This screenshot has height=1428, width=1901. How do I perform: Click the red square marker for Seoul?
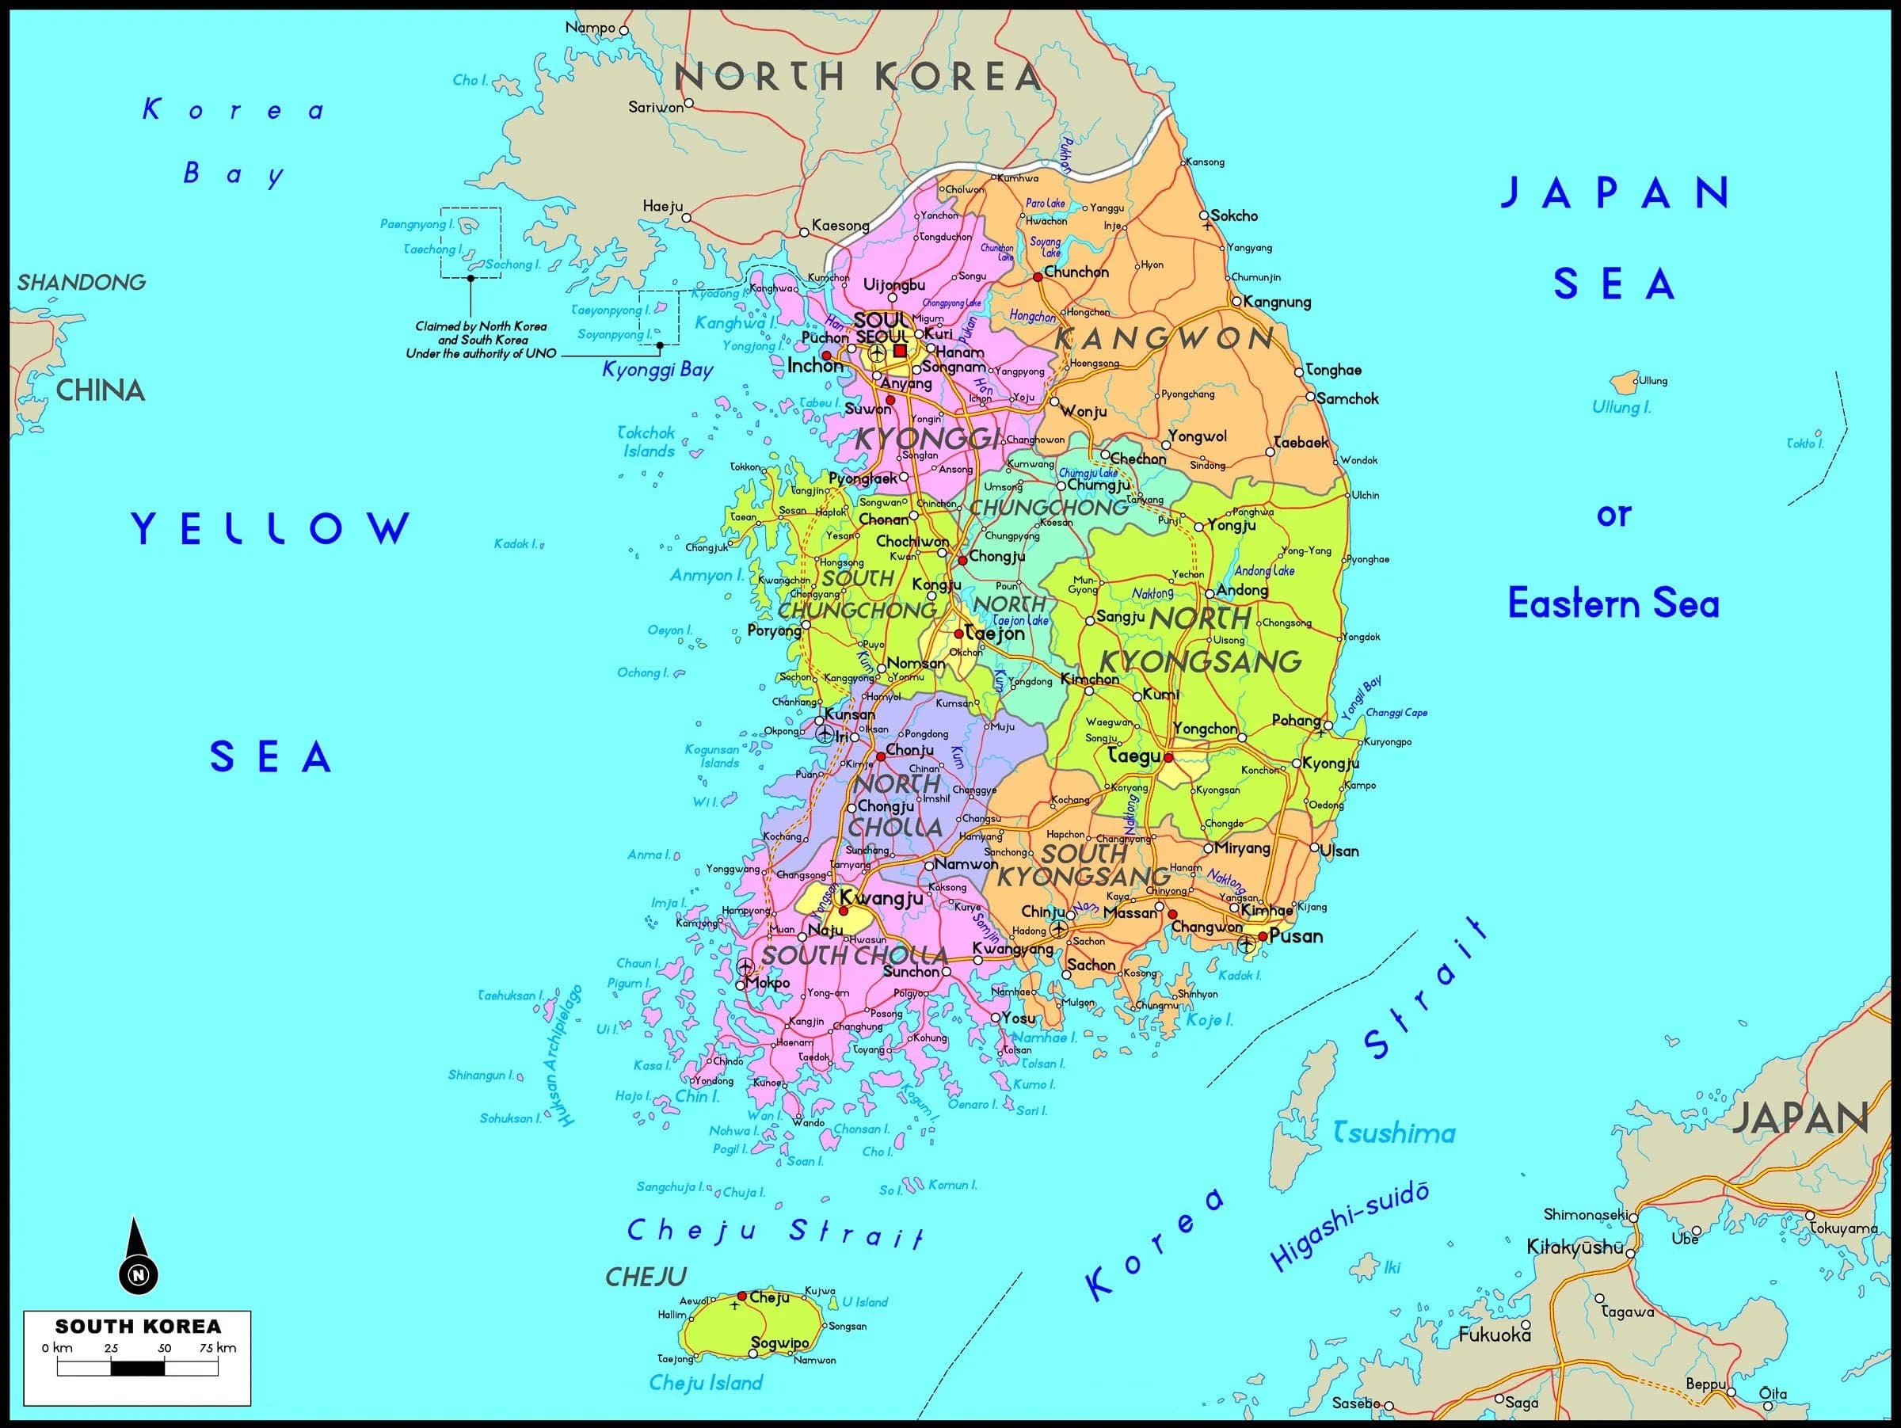coord(900,351)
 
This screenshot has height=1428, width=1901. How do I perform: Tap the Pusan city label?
coord(1296,936)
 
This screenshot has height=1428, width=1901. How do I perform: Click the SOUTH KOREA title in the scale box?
coord(138,1327)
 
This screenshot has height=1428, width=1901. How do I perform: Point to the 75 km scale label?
coord(219,1347)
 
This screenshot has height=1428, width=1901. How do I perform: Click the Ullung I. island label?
coord(1621,407)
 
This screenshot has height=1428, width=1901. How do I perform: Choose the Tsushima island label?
coord(1394,1133)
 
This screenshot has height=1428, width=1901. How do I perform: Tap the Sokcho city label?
coord(1234,215)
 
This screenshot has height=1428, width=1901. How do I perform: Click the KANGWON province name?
coord(1164,338)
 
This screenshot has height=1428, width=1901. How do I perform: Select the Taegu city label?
coord(1134,756)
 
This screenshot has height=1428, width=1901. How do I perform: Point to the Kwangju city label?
coord(881,898)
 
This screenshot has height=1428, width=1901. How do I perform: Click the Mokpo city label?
coord(768,983)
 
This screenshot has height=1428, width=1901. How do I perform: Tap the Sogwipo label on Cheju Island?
coord(779,1343)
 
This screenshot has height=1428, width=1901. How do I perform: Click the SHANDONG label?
coord(82,282)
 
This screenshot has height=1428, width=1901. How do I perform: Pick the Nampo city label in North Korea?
coord(590,28)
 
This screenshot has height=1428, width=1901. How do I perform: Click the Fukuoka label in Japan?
coord(1495,1335)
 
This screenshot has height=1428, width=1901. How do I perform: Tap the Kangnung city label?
coord(1277,302)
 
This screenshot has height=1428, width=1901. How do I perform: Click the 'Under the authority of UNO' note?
coord(481,353)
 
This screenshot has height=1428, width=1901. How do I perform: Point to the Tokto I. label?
coord(1804,444)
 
